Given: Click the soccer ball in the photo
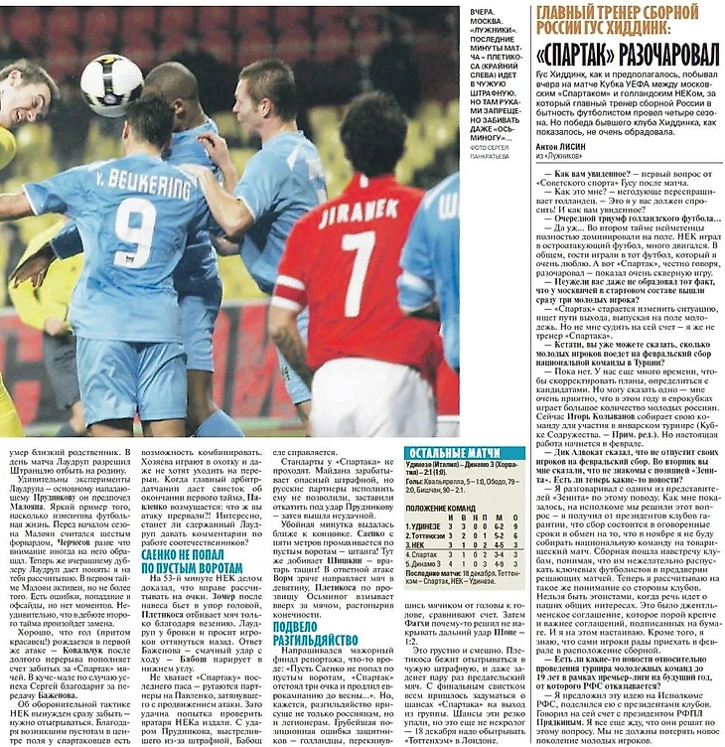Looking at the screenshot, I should click(111, 84).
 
